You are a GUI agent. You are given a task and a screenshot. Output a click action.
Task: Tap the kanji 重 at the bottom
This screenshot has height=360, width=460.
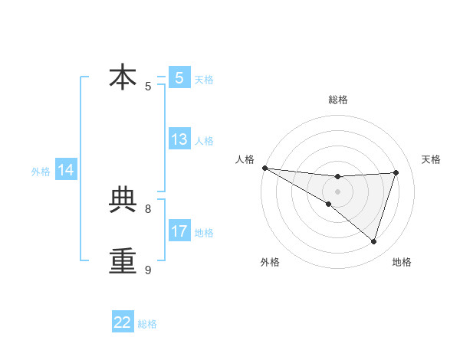coord(123,260)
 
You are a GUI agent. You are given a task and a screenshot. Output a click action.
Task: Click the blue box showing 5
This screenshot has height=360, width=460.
coord(179,77)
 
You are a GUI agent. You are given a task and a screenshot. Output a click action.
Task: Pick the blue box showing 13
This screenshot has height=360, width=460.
coord(179,139)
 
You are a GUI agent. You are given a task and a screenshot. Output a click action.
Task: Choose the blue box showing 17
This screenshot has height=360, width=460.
coord(179,231)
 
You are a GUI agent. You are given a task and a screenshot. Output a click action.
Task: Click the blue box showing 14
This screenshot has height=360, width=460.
coord(66,171)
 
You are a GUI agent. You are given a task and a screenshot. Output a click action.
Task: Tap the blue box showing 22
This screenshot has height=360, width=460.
coord(123,322)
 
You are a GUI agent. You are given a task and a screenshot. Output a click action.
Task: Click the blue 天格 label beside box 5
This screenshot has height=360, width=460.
coord(204,80)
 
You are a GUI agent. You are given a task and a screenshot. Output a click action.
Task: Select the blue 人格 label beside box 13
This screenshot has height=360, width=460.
coord(204,141)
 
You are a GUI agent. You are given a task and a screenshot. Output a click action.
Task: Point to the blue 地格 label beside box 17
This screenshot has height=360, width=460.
coord(204,233)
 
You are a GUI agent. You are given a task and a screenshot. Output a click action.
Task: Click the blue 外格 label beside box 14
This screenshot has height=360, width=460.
coord(41,172)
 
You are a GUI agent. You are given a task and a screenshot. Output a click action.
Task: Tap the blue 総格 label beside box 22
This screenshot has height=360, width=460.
coord(147,324)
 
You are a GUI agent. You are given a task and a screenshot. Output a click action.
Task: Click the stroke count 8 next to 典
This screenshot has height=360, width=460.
coord(148,208)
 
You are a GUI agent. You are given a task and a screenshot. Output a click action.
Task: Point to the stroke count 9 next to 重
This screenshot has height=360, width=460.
coord(148,270)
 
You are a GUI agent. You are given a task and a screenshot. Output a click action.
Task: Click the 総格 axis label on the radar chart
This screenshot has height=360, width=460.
coord(337,100)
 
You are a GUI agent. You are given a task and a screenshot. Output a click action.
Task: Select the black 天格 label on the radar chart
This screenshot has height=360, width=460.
coord(431,159)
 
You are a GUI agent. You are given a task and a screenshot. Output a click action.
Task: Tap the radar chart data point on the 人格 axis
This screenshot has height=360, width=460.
coord(264,168)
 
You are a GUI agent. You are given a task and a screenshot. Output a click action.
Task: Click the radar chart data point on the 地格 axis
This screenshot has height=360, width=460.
coord(373,241)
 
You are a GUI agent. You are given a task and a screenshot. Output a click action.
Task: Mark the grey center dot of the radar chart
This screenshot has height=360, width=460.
coord(337,191)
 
